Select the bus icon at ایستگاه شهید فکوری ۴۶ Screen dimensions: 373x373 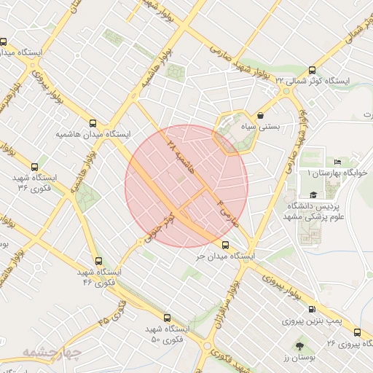pyautogui.click(x=98, y=261)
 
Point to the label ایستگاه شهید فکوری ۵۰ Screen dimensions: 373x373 pyautogui.click(x=165, y=334)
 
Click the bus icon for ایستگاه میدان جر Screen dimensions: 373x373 pyautogui.click(x=224, y=246)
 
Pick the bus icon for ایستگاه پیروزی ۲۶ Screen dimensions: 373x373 pyautogui.click(x=356, y=332)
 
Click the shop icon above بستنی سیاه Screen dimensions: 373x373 pyautogui.click(x=261, y=115)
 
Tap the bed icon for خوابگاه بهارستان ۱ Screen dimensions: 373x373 pyautogui.click(x=337, y=162)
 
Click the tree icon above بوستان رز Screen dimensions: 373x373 pyautogui.click(x=299, y=346)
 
